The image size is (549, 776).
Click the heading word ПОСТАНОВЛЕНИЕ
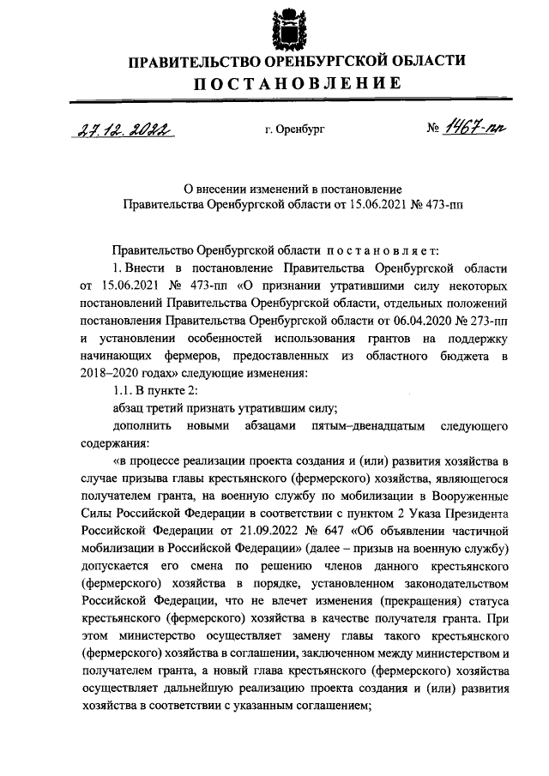coord(296,84)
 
